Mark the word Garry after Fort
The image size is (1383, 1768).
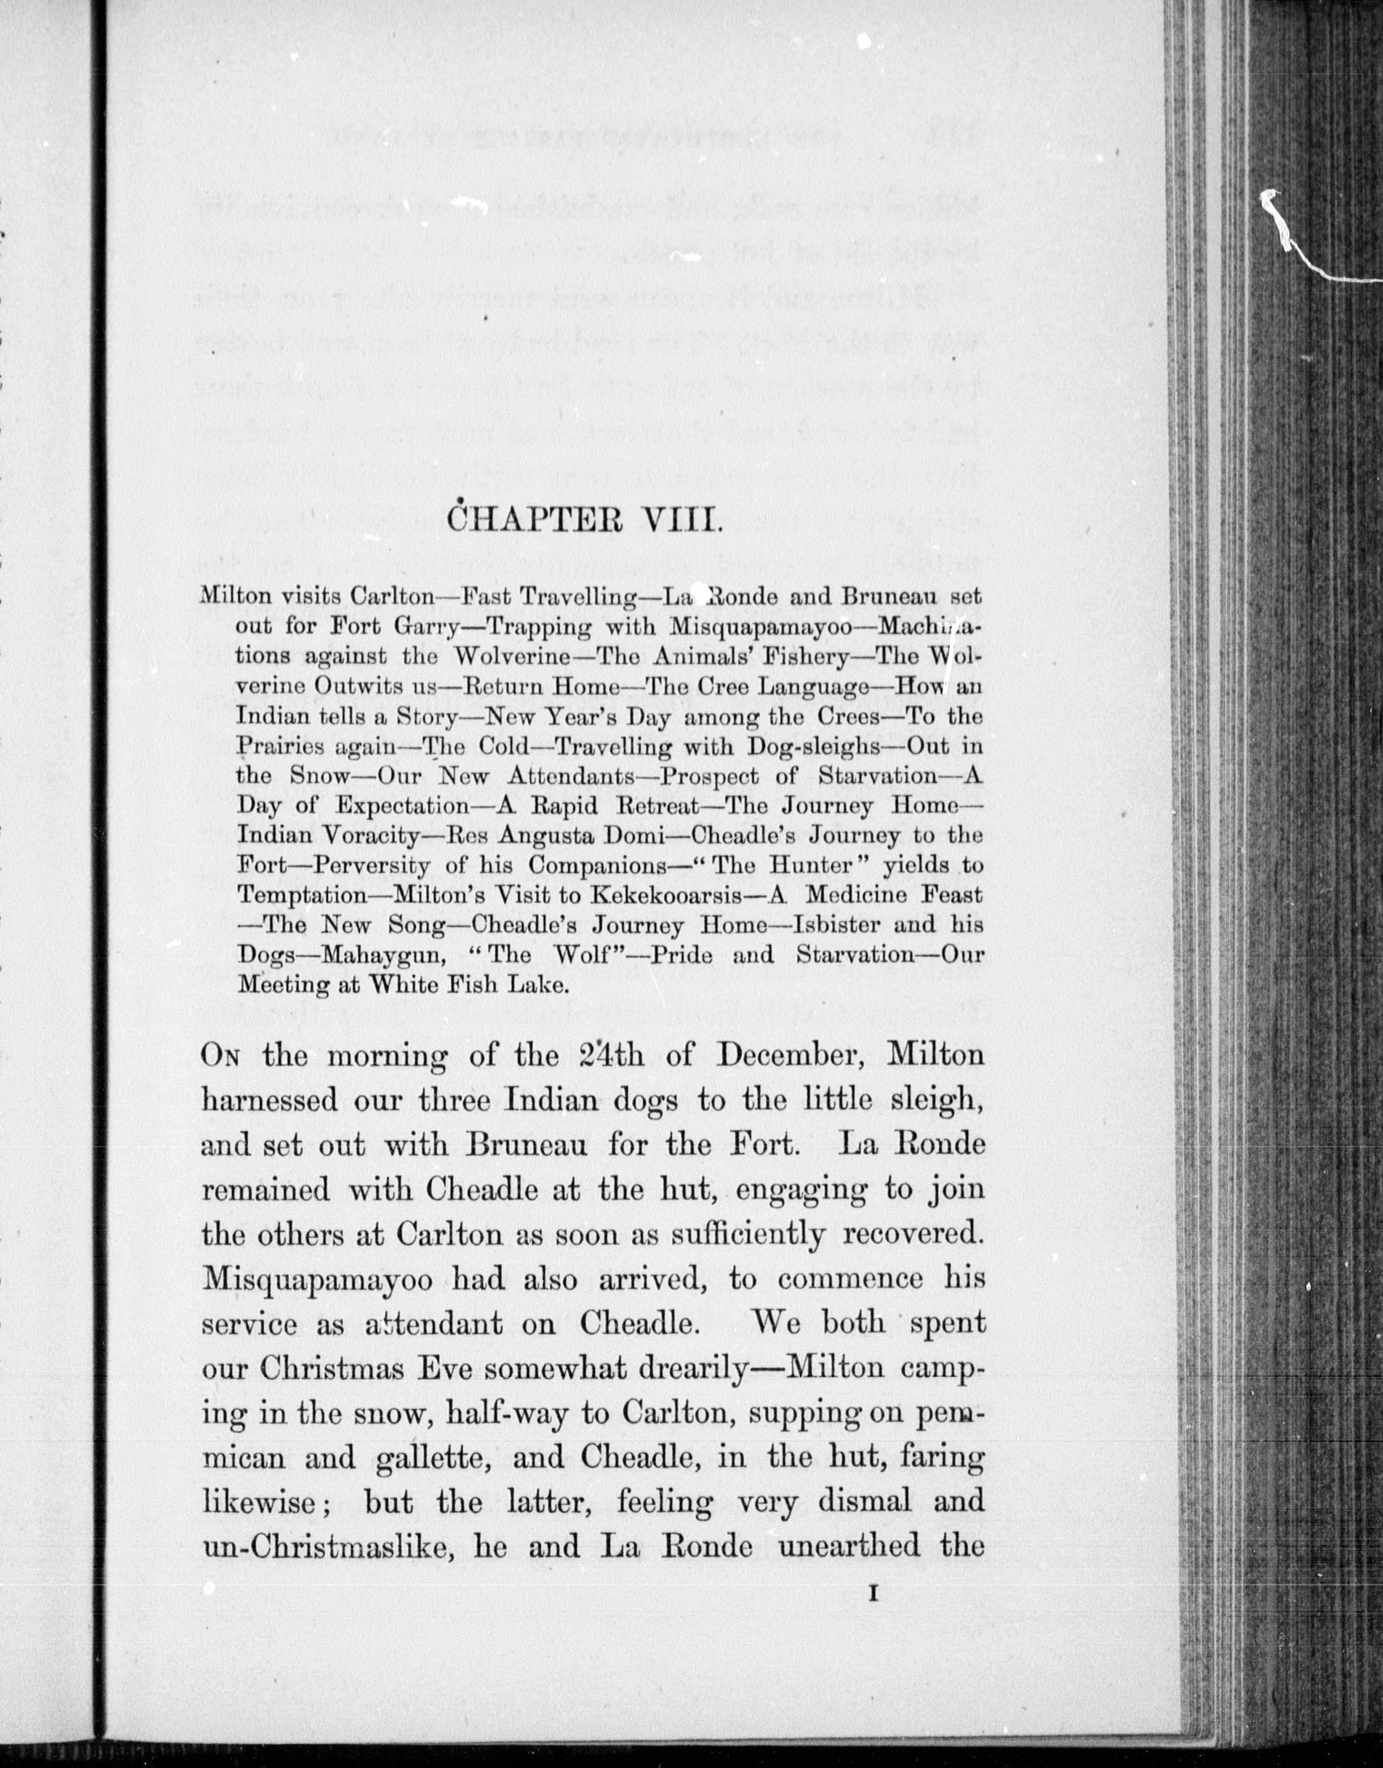tap(428, 627)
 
